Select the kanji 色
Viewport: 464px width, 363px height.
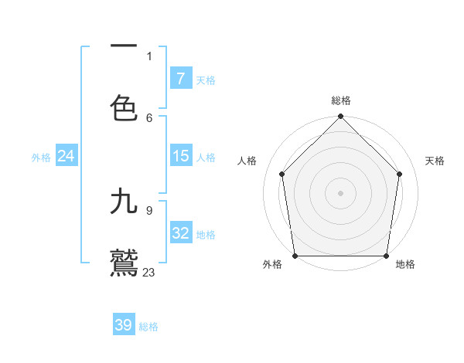pos(124,108)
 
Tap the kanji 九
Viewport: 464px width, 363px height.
pos(124,202)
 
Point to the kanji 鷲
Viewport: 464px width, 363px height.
pos(124,263)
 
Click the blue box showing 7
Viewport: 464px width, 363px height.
pos(181,78)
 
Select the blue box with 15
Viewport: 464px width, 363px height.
pos(181,156)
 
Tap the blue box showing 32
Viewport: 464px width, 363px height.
pos(181,233)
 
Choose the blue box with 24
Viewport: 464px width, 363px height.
pos(67,156)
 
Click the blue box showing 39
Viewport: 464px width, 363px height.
pos(124,325)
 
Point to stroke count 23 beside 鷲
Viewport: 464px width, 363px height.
pos(149,272)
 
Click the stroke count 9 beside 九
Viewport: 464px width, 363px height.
pos(149,210)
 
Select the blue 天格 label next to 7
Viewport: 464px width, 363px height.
pos(206,80)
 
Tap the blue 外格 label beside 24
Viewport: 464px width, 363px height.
pos(41,158)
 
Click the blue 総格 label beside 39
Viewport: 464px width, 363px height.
pos(148,327)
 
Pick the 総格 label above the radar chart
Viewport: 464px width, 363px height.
pos(341,100)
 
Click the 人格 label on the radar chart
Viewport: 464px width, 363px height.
pos(247,161)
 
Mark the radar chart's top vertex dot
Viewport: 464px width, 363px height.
pos(341,117)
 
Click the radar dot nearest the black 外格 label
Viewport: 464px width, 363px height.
pos(295,256)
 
